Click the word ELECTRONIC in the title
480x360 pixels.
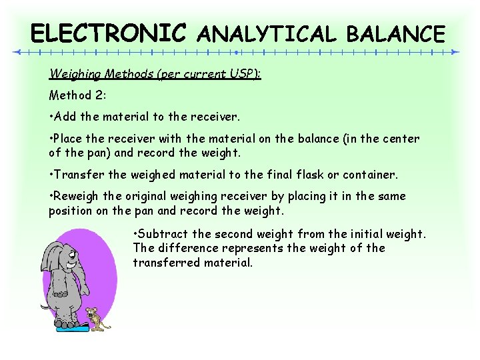point(109,33)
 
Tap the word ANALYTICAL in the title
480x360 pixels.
point(267,33)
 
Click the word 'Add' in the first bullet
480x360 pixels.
point(65,117)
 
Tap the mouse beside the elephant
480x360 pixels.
point(98,318)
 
